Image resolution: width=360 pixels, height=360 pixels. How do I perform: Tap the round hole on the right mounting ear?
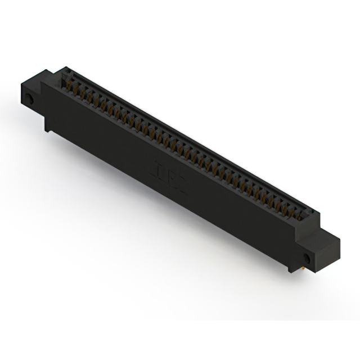[307, 258]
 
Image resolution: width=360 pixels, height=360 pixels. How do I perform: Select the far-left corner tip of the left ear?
[20, 84]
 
